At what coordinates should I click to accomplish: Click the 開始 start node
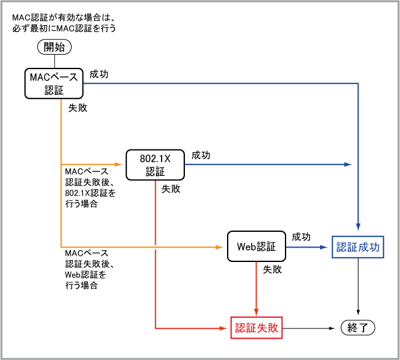(x=55, y=46)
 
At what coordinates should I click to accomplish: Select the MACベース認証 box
(x=54, y=84)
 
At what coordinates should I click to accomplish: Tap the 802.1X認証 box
(x=154, y=165)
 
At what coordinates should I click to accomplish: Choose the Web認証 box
(x=256, y=247)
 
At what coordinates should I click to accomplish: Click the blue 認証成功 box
(x=358, y=247)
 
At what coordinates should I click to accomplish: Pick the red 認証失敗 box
(x=257, y=327)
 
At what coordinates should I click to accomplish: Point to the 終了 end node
(x=358, y=327)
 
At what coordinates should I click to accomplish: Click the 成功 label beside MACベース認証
(x=99, y=74)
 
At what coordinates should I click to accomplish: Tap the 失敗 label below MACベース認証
(x=77, y=107)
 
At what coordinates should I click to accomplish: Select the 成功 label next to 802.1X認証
(x=201, y=155)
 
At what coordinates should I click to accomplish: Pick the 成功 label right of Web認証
(x=301, y=237)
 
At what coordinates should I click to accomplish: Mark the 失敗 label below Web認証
(x=272, y=270)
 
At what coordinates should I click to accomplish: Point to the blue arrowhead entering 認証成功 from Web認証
(x=326, y=247)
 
